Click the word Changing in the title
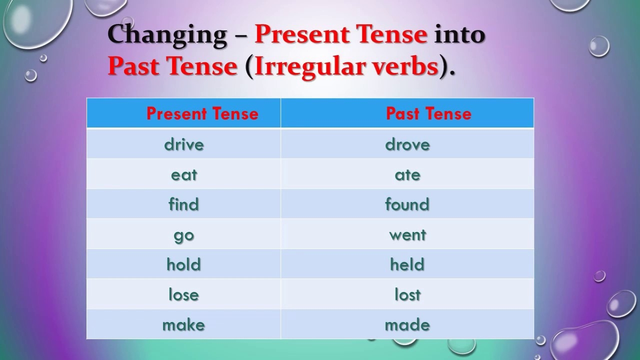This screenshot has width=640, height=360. tap(167, 35)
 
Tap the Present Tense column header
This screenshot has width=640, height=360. tap(202, 113)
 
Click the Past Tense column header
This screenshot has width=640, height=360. tap(428, 113)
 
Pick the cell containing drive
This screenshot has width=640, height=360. tap(184, 144)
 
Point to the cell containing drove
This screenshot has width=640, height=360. tap(407, 144)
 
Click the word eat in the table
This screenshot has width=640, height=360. tap(184, 174)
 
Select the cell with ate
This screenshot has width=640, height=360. tap(407, 174)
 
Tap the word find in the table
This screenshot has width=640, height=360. tap(184, 204)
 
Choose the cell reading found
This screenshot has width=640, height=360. tap(407, 204)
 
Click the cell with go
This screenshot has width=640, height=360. tap(184, 235)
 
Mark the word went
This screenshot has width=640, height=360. tap(407, 234)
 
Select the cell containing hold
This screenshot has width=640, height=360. tap(184, 264)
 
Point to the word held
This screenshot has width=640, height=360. tap(407, 264)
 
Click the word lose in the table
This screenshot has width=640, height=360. tap(184, 294)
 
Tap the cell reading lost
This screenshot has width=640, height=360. tap(407, 294)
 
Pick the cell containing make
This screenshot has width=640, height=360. tap(184, 324)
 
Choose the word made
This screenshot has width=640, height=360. tap(407, 324)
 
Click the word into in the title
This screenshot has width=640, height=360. tap(459, 34)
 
